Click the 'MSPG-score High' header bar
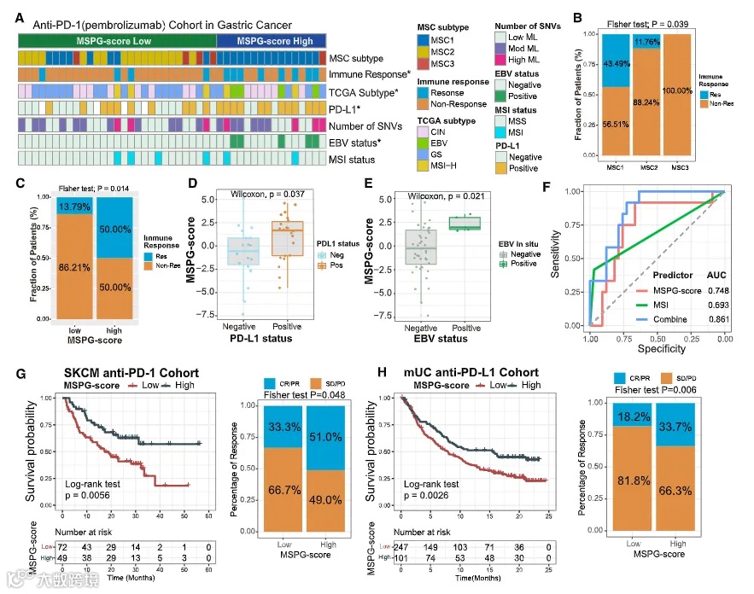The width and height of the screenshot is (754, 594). pos(272,41)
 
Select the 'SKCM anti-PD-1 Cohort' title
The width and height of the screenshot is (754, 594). pos(131,373)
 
